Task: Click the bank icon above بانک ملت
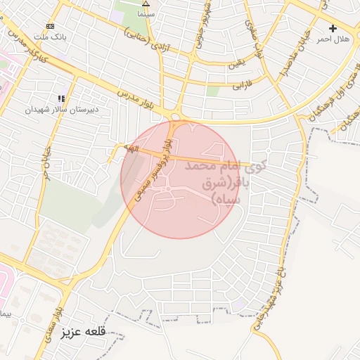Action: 49,26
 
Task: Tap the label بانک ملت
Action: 50,36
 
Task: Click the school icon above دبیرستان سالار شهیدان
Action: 61,98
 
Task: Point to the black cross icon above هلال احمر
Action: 333,28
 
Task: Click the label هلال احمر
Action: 333,39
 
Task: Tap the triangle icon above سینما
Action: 146,4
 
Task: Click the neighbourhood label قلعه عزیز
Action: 83,330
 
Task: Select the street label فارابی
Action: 242,86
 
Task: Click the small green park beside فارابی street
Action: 212,90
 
